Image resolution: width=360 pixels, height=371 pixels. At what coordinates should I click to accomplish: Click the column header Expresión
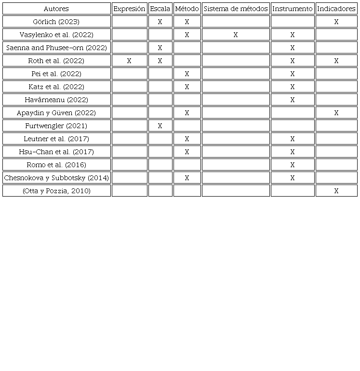[129, 9]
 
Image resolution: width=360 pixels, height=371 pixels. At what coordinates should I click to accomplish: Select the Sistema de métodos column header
[236, 9]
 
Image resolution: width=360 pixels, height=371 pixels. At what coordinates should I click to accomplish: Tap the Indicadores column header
[336, 9]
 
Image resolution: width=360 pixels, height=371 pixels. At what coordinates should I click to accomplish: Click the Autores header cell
[56, 9]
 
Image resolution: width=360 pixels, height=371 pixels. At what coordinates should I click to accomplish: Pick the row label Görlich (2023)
[56, 22]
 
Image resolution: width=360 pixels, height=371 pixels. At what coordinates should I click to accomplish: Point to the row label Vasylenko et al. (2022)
[56, 35]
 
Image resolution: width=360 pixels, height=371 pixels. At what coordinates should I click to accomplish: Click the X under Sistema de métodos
[236, 35]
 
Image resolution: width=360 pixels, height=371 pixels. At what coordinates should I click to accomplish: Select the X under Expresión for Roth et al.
[129, 61]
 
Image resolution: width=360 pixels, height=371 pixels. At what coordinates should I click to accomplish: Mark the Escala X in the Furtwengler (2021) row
[160, 126]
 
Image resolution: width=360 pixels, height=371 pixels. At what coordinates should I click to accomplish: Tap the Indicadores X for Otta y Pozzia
[336, 191]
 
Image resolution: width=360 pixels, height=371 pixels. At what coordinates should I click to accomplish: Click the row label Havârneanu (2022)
[56, 100]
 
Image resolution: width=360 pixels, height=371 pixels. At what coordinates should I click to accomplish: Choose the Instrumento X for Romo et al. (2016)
[293, 165]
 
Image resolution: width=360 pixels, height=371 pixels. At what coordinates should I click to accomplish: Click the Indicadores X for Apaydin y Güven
[336, 113]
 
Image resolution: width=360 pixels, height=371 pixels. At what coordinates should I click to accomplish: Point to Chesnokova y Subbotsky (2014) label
[56, 178]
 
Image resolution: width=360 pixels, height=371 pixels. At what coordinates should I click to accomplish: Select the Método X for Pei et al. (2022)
[187, 74]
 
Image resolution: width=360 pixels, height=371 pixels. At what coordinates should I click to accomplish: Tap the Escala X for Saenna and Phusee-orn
[160, 48]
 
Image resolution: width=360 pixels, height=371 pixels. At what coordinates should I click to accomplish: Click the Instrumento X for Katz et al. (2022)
[293, 87]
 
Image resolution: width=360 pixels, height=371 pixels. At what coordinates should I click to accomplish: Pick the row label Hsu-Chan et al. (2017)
[56, 152]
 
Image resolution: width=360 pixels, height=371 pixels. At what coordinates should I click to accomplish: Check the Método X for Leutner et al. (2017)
[187, 139]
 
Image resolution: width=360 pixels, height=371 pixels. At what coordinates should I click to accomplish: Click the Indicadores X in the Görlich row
[336, 22]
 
